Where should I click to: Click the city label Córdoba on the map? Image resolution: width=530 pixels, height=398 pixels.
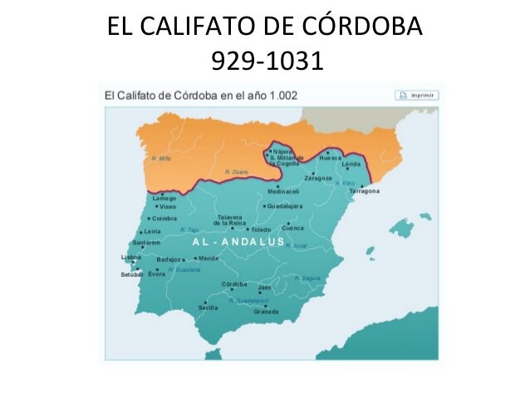click(235, 283)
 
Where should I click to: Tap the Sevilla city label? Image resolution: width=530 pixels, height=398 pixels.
click(208, 307)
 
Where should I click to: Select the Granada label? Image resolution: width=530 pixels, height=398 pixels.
click(266, 312)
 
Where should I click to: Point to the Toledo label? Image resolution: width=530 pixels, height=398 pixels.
click(261, 229)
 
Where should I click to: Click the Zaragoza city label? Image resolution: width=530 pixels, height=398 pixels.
click(318, 178)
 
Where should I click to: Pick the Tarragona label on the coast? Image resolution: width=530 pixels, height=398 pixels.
click(364, 191)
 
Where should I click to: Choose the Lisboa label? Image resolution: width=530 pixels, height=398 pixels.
click(131, 258)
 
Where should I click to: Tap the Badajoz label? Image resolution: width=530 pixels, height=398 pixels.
click(169, 259)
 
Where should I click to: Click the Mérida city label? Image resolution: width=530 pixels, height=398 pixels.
click(208, 258)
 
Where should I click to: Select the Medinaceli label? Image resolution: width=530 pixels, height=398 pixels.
click(283, 191)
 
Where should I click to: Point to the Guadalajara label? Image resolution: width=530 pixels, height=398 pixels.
click(285, 206)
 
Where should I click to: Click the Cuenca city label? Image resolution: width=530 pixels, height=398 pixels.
click(293, 228)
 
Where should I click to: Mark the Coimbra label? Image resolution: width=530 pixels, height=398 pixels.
click(165, 219)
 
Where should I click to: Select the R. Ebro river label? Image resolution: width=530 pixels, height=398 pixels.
click(345, 183)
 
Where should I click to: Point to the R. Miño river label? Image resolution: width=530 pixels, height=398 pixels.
click(161, 158)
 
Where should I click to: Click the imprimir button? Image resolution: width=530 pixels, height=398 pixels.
click(417, 96)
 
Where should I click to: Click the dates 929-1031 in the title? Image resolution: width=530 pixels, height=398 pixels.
click(265, 61)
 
